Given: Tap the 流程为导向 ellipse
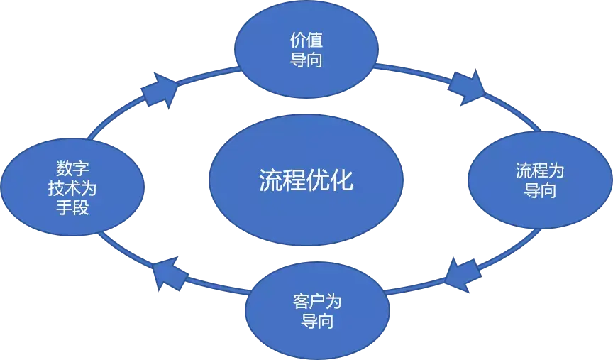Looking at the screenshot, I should click(539, 181).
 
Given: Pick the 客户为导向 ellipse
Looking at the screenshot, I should click(317, 311).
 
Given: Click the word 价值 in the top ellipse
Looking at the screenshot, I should click(306, 40).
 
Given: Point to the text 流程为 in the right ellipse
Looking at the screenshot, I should click(539, 172).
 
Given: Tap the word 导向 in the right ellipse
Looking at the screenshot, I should click(539, 191).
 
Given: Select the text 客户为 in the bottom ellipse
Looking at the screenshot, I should click(317, 301).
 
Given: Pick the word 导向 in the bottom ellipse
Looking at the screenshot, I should click(317, 321).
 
